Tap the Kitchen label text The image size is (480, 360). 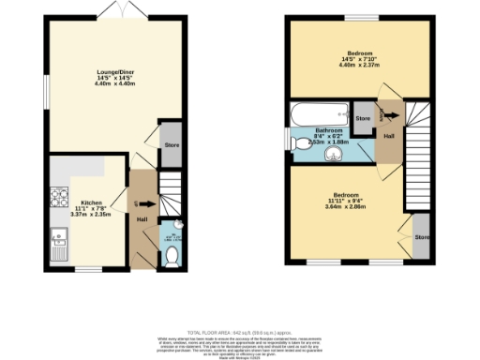[91, 202]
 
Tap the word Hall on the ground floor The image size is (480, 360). [142, 220]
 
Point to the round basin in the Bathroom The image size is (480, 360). [329, 155]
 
